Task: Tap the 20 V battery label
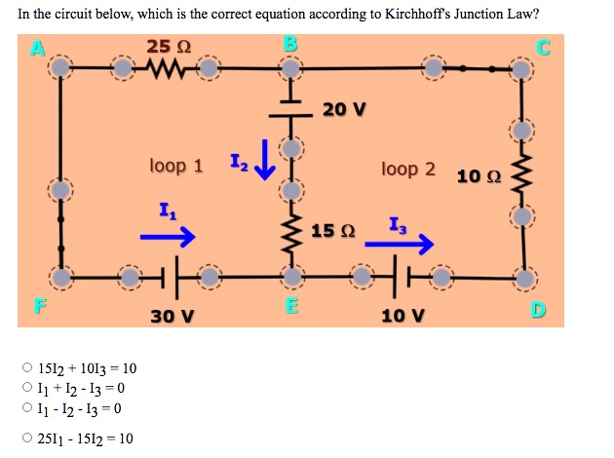(x=343, y=109)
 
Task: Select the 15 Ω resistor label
(x=333, y=231)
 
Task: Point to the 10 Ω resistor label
(x=479, y=176)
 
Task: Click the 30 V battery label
(x=173, y=316)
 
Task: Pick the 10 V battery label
(x=403, y=316)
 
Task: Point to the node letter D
(x=539, y=311)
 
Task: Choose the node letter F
(x=39, y=311)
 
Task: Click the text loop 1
(x=176, y=166)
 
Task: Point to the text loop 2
(x=408, y=169)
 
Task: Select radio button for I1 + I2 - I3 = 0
(x=27, y=389)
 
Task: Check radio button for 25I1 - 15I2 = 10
(x=27, y=439)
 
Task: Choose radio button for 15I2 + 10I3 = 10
(x=27, y=368)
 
